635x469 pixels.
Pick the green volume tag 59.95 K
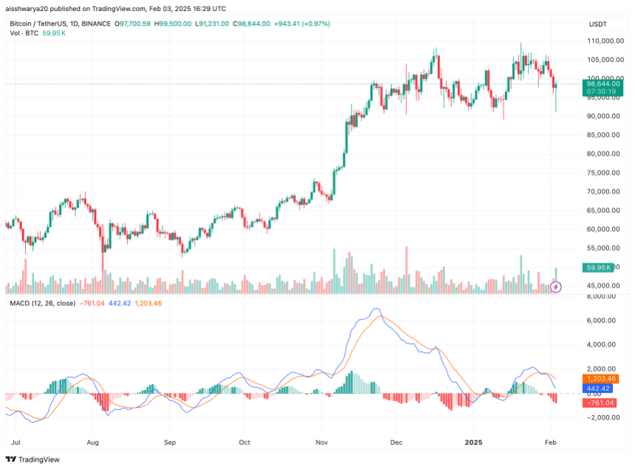point(597,267)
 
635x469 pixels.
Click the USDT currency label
point(597,24)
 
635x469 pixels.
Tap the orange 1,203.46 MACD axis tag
point(603,378)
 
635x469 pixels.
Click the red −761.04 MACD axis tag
point(600,403)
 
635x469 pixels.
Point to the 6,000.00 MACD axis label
point(603,321)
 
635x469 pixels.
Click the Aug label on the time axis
point(92,442)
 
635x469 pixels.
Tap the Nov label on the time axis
point(320,442)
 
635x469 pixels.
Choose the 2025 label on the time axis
point(473,442)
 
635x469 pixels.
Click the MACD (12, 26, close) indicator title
point(41,303)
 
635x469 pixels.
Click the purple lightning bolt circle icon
point(557,286)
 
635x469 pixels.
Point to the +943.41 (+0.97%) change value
point(302,24)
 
